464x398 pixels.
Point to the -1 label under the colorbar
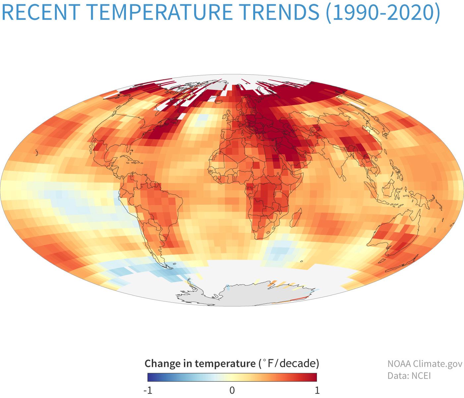click(148, 390)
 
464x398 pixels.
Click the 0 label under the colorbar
click(232, 390)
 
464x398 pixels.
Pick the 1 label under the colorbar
click(317, 390)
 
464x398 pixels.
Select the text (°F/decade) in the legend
click(289, 364)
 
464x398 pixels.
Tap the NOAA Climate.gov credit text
click(425, 364)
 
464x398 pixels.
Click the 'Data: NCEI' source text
click(409, 376)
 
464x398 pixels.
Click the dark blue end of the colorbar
click(150, 377)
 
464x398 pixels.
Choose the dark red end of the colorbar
click(315, 377)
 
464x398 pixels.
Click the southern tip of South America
click(162, 264)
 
